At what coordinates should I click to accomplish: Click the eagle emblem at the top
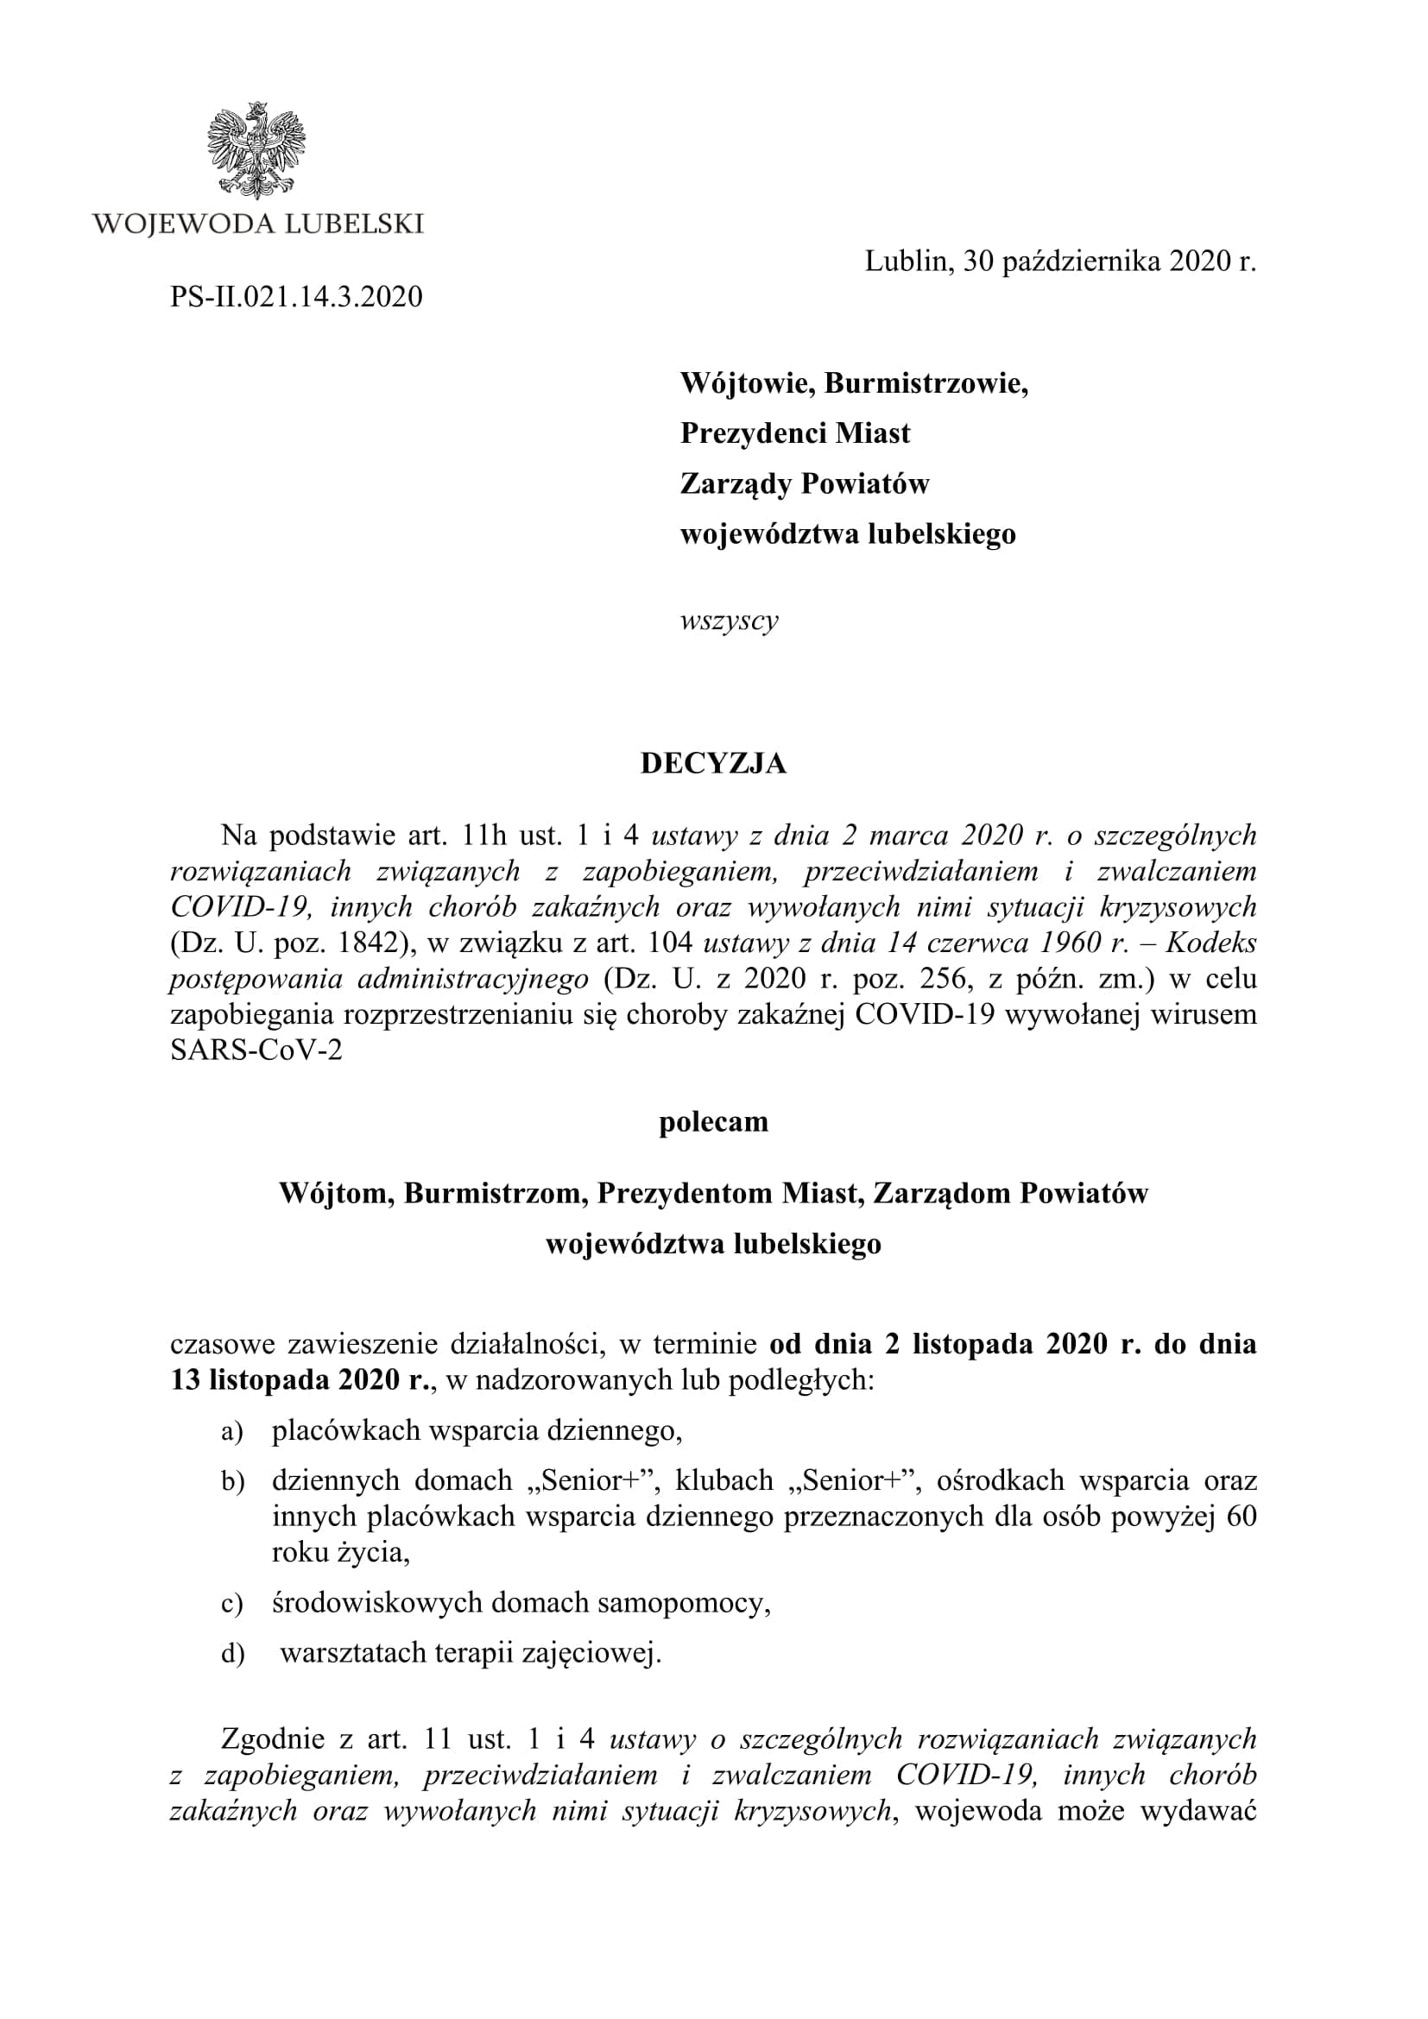tap(256, 149)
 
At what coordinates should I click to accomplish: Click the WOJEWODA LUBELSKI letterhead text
tap(257, 224)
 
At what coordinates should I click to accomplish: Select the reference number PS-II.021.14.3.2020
tap(296, 296)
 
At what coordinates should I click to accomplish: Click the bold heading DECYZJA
tap(713, 763)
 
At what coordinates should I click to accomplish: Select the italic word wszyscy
tap(729, 621)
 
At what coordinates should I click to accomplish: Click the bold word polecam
tap(713, 1122)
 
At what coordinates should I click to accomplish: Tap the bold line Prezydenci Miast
tap(795, 433)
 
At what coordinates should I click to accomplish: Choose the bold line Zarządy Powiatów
tap(805, 483)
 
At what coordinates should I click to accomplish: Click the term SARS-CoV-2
tap(256, 1051)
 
